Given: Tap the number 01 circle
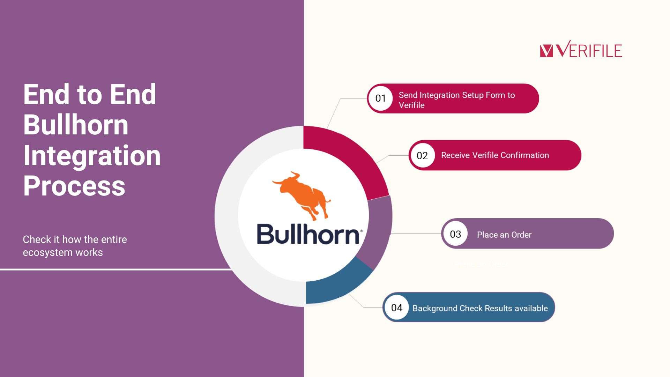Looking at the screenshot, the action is coord(380,98).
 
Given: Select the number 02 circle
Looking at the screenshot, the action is coord(422,155).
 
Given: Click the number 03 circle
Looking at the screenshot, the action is coord(455,234).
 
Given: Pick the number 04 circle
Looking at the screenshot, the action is coord(397,308).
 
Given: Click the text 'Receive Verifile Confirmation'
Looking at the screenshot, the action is coord(495,155).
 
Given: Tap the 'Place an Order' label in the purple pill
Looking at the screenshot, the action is coord(504,235).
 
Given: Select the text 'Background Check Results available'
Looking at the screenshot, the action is coord(480,308).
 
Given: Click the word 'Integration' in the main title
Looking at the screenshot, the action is coord(92,156).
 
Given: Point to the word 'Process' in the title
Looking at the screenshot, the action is coord(74,186).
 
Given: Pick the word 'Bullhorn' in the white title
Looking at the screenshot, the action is coord(76,125).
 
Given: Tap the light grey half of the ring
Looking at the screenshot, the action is coord(226,216).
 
